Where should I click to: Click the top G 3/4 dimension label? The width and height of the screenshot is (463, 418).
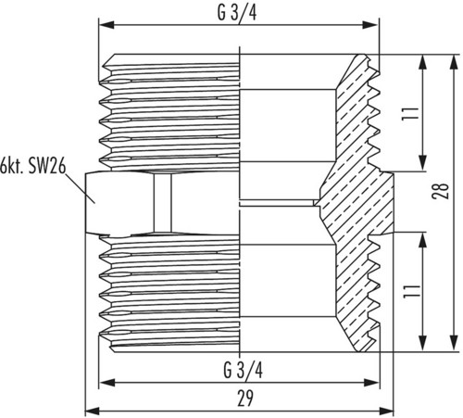[237, 13]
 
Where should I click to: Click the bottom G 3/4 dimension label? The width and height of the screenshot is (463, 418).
[244, 371]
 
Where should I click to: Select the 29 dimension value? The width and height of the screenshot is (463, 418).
[245, 399]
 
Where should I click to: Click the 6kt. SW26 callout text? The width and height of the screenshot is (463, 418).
[33, 166]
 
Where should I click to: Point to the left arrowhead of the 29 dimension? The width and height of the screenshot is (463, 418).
[93, 412]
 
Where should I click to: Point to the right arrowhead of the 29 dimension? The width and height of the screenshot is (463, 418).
[386, 412]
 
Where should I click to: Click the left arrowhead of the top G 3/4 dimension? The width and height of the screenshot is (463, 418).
[106, 25]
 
